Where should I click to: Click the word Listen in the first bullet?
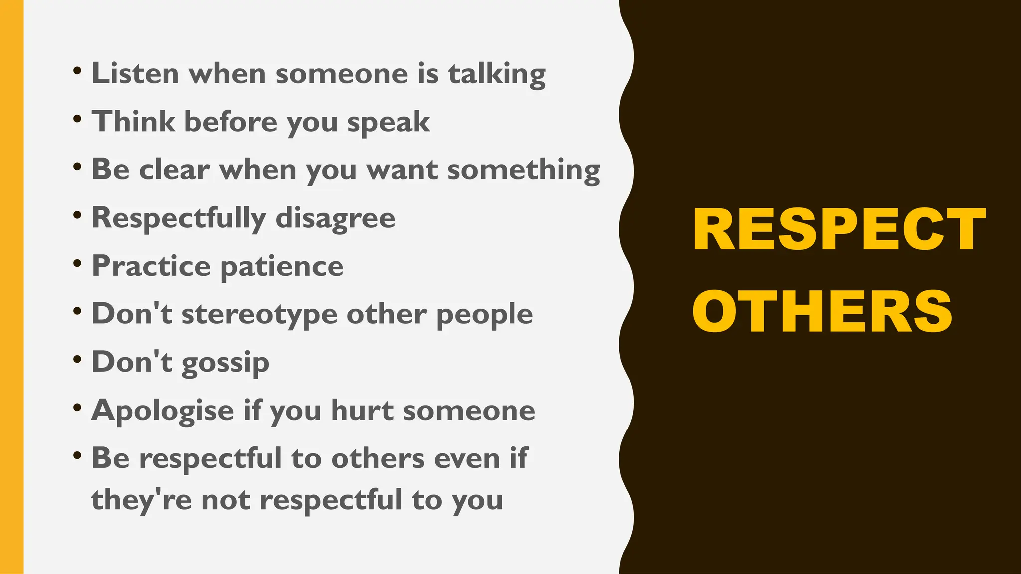135,73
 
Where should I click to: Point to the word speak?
388,123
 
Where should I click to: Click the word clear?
174,169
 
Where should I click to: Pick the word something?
523,171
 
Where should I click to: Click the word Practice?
151,266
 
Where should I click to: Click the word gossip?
225,363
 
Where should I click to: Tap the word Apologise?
163,411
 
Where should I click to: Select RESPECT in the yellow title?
839,229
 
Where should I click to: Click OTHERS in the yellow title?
822,311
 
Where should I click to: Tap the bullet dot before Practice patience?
77,264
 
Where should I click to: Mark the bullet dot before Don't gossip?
77,360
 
